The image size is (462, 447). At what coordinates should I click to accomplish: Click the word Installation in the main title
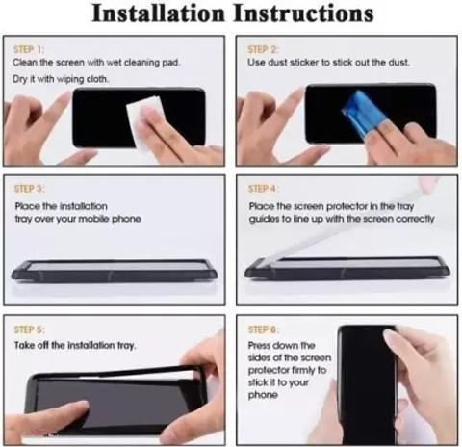158,13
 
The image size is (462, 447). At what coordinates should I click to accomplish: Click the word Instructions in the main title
303,13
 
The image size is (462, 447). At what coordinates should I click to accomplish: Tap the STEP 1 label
29,49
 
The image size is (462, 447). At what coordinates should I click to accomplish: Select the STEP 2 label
263,49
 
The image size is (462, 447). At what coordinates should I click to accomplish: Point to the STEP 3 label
30,189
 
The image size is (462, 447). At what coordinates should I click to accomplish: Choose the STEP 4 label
264,189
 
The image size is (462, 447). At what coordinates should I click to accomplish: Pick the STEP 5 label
30,329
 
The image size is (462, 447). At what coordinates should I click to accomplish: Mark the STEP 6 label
264,329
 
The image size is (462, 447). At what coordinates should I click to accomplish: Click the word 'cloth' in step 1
97,79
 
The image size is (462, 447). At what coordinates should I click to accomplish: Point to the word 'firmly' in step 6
303,371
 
